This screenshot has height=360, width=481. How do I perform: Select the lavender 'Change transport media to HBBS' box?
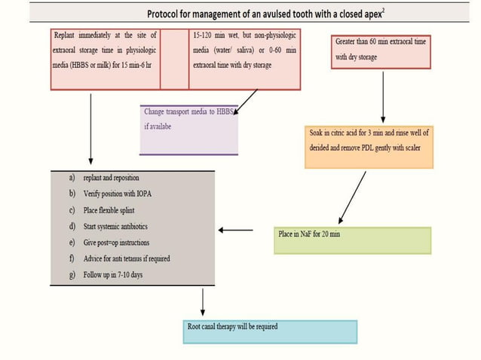coord(188,128)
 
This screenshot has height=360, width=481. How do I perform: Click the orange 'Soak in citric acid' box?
coord(369,145)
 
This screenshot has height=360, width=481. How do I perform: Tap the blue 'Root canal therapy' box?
coord(270,331)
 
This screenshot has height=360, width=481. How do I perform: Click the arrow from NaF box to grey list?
coord(235,230)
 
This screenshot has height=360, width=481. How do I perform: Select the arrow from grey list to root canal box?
coord(203,301)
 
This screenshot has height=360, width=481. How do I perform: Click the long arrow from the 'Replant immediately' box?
coord(91,128)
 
